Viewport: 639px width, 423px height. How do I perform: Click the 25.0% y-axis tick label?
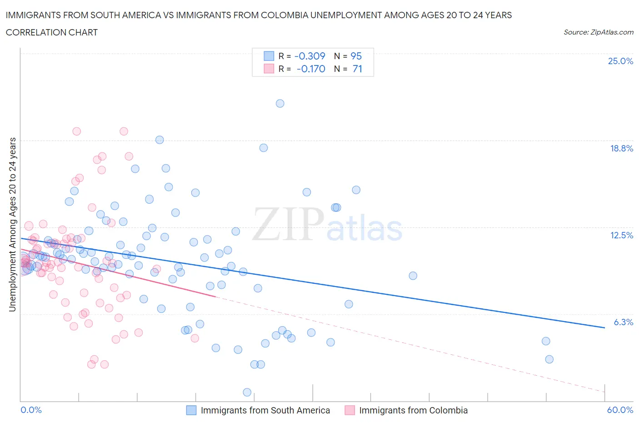tap(620, 61)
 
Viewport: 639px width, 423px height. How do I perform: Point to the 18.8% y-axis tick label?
tap(621, 148)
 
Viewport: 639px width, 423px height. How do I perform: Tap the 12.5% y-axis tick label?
tap(621, 235)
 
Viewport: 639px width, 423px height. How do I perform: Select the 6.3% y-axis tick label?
tap(624, 322)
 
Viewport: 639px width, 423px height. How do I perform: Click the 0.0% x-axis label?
tap(31, 410)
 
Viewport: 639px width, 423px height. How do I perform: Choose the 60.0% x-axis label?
tap(620, 410)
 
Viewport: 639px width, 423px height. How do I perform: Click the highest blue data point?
tap(280, 103)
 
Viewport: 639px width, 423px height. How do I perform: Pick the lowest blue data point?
tap(247, 392)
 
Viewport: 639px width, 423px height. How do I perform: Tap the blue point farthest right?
tap(549, 359)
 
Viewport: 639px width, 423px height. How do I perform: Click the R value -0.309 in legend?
tap(310, 56)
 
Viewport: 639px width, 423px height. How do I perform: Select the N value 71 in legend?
tap(357, 69)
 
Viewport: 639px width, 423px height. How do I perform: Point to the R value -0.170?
tap(311, 69)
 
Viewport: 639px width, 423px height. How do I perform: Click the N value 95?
tap(356, 56)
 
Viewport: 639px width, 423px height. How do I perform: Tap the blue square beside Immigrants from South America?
tap(191, 410)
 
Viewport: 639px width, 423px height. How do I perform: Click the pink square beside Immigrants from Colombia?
tap(349, 410)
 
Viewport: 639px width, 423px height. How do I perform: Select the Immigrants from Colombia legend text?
tap(413, 410)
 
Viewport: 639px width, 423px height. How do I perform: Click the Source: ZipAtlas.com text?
tap(598, 32)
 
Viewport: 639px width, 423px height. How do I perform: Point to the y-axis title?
tap(12, 224)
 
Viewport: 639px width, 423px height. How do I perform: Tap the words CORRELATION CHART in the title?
tap(52, 32)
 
